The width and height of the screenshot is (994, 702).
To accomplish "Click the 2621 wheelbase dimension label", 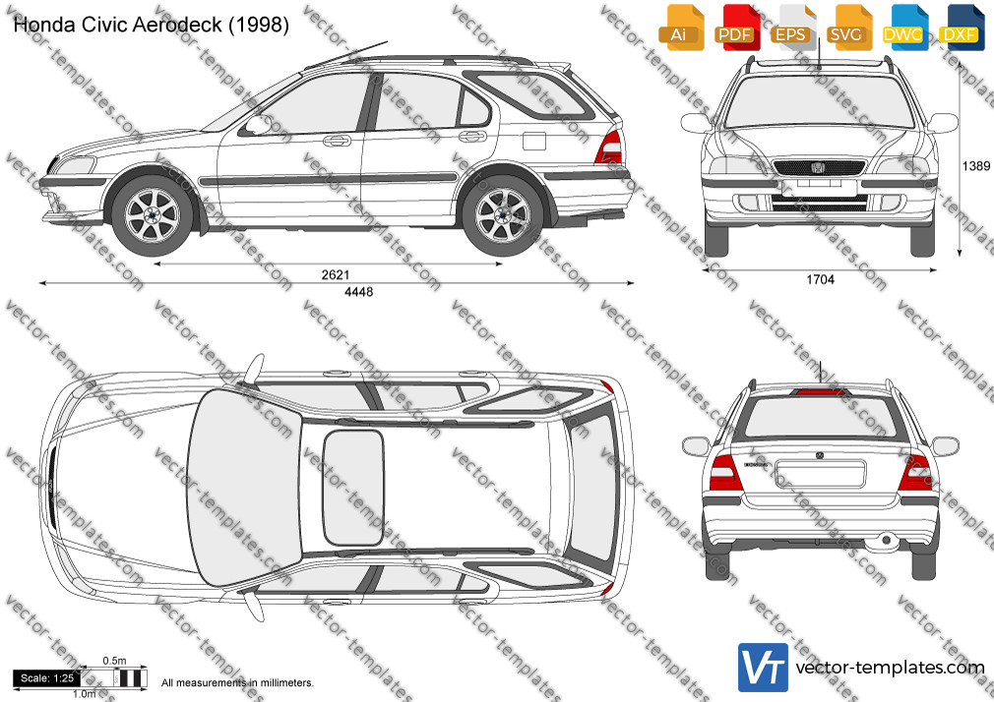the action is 336,274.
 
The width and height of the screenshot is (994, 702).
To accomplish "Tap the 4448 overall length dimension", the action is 359,291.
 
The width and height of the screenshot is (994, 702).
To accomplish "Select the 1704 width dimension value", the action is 821,279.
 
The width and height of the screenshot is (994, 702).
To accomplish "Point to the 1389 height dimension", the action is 975,166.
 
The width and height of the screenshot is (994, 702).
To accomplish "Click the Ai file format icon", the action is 680,28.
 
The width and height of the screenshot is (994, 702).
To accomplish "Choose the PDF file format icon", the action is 736,28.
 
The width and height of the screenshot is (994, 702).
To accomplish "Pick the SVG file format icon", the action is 848,28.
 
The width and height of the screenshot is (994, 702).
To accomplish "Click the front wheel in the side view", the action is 153,215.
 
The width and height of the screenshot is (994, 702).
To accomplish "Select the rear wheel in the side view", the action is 503,215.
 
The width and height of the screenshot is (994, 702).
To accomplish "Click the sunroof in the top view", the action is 353,488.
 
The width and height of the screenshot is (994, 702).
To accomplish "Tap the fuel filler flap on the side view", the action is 533,141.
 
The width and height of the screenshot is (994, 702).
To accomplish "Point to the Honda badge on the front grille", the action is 818,168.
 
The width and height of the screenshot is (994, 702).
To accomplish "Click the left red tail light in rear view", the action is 724,473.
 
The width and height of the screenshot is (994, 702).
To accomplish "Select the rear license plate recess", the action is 821,473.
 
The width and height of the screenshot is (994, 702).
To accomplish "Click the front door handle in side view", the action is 337,140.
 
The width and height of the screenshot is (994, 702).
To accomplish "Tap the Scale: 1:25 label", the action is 47,678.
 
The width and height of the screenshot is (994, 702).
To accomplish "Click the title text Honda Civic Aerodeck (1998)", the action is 151,25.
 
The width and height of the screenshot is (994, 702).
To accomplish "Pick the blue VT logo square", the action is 764,668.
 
